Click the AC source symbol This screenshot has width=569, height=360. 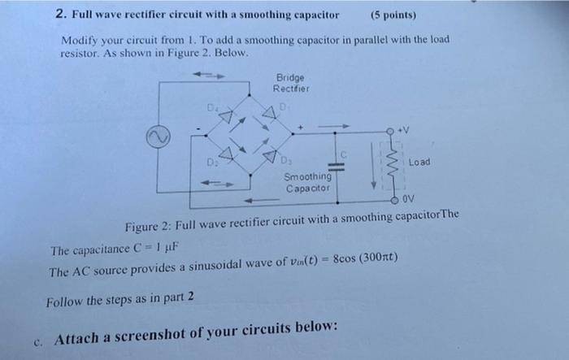coord(155,137)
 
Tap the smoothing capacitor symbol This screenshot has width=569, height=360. coord(340,165)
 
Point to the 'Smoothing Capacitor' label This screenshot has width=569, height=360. coord(306,182)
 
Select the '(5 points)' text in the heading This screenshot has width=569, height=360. coord(393,15)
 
